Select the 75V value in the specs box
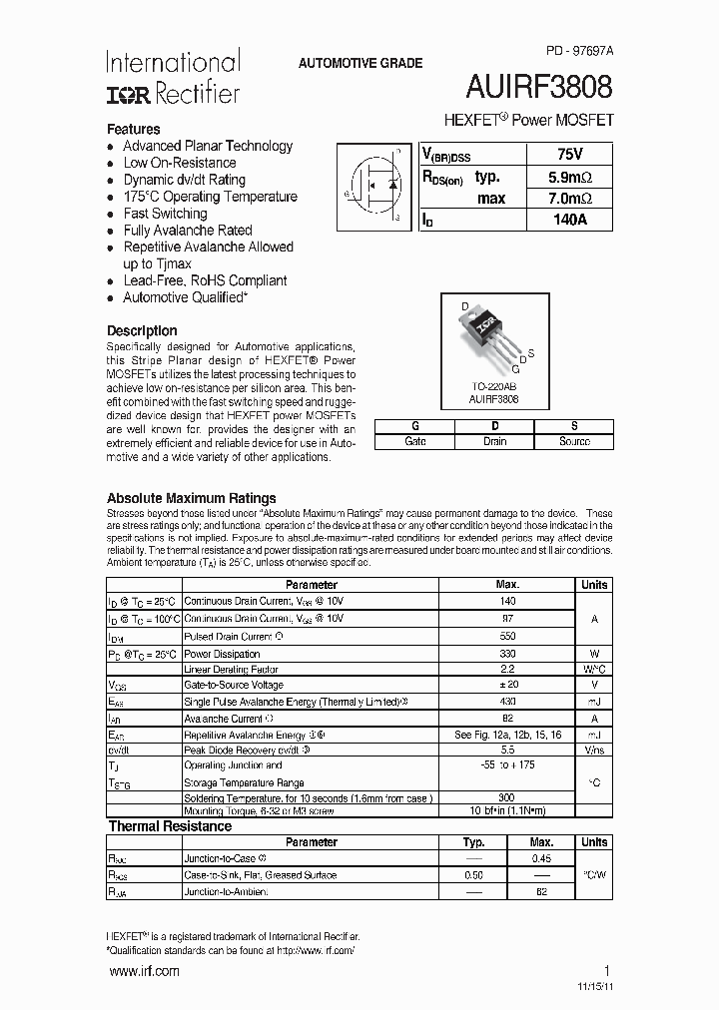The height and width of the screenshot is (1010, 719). pyautogui.click(x=569, y=155)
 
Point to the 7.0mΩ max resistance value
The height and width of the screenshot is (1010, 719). pyautogui.click(x=569, y=199)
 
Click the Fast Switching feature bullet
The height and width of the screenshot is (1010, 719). pyautogui.click(x=165, y=214)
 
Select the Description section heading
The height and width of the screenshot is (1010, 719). pyautogui.click(x=142, y=330)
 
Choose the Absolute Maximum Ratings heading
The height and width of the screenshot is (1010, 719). pyautogui.click(x=192, y=498)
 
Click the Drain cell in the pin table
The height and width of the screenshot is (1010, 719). pyautogui.click(x=494, y=441)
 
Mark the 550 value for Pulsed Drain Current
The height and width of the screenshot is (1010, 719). pyautogui.click(x=507, y=636)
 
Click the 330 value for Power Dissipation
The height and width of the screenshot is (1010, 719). pyautogui.click(x=507, y=653)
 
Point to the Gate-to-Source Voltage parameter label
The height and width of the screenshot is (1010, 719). pyautogui.click(x=234, y=686)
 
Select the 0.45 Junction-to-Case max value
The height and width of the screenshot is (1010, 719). pyautogui.click(x=541, y=858)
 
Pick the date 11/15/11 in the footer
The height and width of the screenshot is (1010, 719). pyautogui.click(x=591, y=987)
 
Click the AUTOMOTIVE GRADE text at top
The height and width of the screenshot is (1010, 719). pyautogui.click(x=360, y=63)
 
